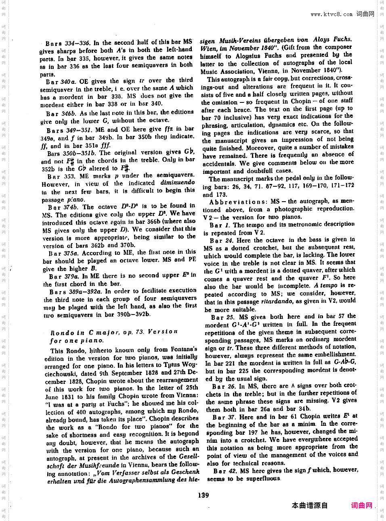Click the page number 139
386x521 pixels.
(x=203, y=495)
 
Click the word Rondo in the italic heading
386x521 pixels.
(x=63, y=333)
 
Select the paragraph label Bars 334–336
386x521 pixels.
(x=68, y=43)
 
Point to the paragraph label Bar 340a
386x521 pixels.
(x=61, y=81)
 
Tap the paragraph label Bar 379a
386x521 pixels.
(x=64, y=277)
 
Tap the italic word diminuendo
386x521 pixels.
(x=178, y=182)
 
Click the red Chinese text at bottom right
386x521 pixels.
(x=361, y=505)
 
